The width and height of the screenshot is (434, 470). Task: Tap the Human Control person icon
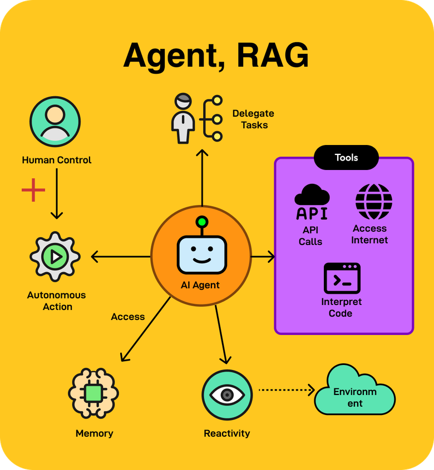click(x=55, y=122)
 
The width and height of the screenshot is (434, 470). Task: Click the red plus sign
click(x=33, y=190)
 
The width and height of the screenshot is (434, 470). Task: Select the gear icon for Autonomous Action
click(x=55, y=257)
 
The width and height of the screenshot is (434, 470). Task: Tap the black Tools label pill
click(x=346, y=158)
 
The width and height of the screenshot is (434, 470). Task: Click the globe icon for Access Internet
click(x=373, y=202)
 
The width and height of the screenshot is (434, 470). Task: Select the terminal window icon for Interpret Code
click(x=342, y=278)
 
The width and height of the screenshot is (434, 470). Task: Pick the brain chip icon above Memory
click(x=94, y=393)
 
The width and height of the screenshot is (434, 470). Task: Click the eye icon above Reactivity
click(x=226, y=394)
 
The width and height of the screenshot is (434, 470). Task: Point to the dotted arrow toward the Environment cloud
click(x=286, y=390)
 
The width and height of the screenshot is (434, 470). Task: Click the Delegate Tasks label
click(x=253, y=119)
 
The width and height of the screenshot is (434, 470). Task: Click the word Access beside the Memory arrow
click(x=128, y=317)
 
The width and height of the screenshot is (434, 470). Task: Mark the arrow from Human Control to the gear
click(x=56, y=193)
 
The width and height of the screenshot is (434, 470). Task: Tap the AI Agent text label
click(x=200, y=286)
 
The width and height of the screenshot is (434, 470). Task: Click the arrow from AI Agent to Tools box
click(x=263, y=257)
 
